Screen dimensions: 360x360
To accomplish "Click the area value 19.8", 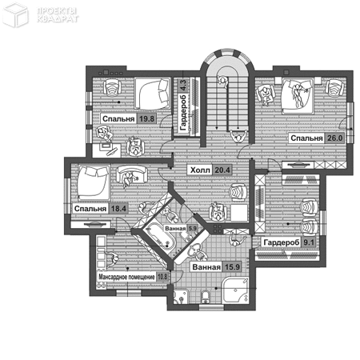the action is pyautogui.click(x=146, y=118).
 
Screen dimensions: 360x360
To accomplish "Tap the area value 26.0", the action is pyautogui.click(x=334, y=138).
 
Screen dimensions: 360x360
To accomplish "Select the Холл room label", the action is pyautogui.click(x=200, y=170).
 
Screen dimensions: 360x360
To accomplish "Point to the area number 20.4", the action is pyautogui.click(x=222, y=170).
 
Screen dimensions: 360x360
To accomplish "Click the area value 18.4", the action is pyautogui.click(x=118, y=209).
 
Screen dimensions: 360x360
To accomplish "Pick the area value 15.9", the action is pyautogui.click(x=232, y=267).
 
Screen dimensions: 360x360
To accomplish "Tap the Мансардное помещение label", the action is pyautogui.click(x=126, y=277).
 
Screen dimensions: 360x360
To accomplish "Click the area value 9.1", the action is pyautogui.click(x=308, y=242).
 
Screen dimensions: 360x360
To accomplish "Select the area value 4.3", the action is pyautogui.click(x=183, y=86).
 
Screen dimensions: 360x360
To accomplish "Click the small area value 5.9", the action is pyautogui.click(x=192, y=229).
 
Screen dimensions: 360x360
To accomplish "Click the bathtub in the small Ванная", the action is pyautogui.click(x=158, y=238).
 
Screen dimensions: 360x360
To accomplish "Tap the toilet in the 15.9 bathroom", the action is pyautogui.click(x=206, y=298).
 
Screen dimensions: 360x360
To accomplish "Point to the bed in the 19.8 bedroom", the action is pyautogui.click(x=152, y=94).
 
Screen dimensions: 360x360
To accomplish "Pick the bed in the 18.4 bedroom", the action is pyautogui.click(x=94, y=183).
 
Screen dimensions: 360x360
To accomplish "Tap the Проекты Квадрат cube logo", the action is pyautogui.click(x=15, y=14).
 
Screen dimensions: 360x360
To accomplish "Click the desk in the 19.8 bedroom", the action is pyautogui.click(x=106, y=150).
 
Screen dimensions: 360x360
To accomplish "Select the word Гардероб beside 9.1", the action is pyautogui.click(x=282, y=242).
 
